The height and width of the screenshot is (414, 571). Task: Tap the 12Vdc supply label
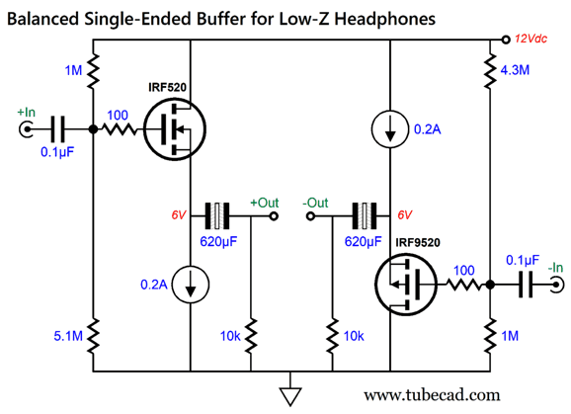coord(534,39)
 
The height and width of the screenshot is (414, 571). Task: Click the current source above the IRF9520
coord(389,129)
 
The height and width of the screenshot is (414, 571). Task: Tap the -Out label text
coord(315,203)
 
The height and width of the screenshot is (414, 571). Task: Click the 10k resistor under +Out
coord(250,335)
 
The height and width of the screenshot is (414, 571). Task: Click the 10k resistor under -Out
coord(331,335)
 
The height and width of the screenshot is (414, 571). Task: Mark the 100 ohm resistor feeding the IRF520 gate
coord(119,129)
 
